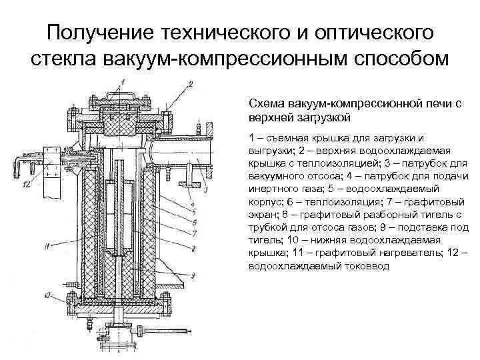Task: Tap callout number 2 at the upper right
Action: coord(191,84)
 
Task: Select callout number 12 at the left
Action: coord(25,184)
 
